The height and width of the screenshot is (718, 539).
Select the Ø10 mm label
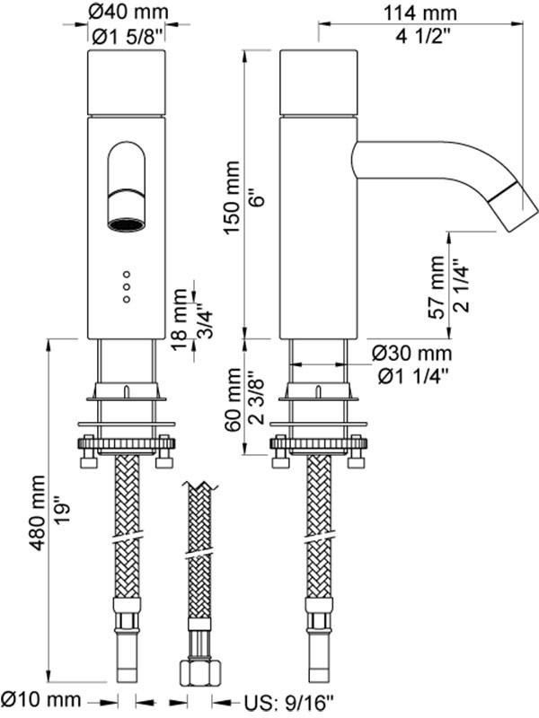[44, 699]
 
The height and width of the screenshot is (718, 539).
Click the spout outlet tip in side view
[517, 208]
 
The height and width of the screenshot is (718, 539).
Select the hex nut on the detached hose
[198, 672]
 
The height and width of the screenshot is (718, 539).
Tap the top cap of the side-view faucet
[319, 83]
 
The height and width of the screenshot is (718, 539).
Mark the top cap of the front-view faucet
[126, 83]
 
